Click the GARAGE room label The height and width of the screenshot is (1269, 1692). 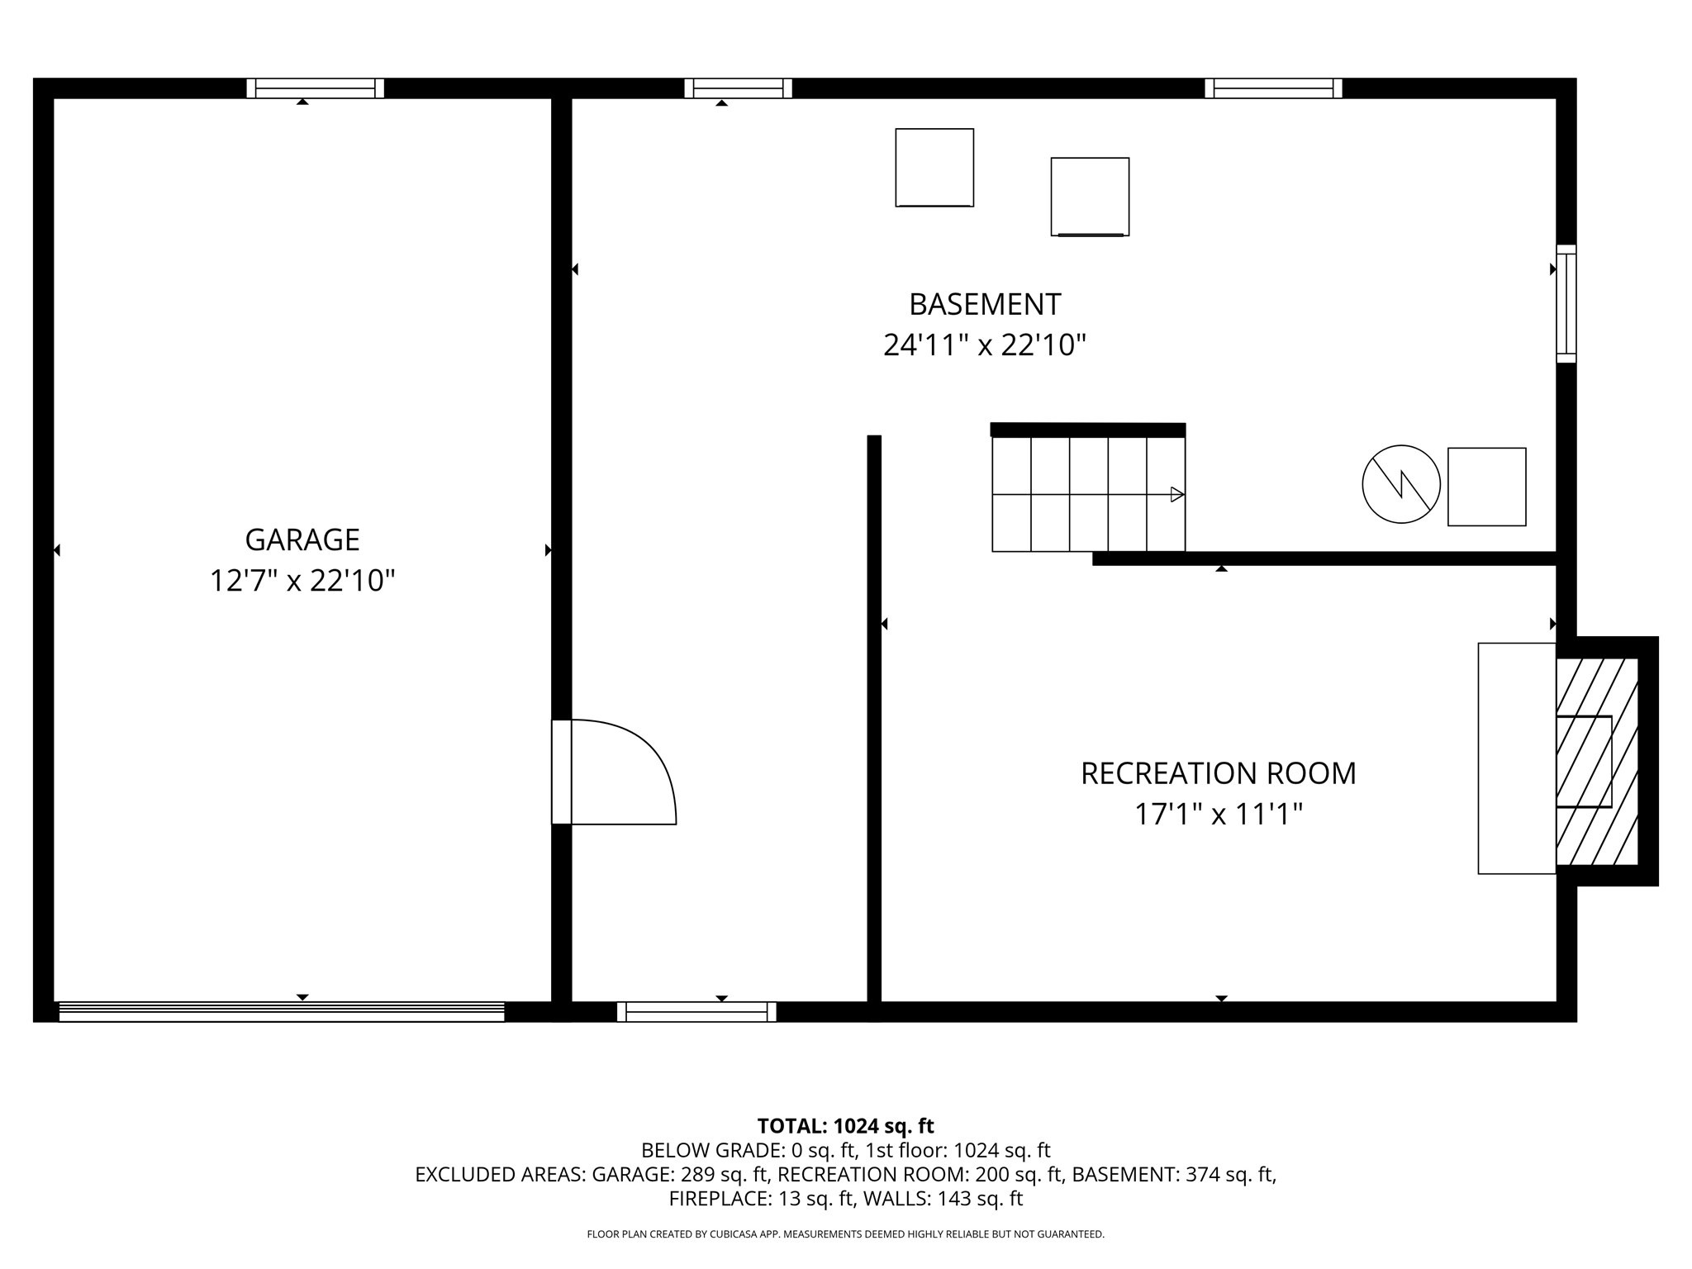pos(302,539)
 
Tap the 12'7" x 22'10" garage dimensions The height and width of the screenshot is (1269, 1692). pos(302,581)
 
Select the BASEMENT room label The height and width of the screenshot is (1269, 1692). pos(985,304)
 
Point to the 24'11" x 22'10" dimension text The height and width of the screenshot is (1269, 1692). pos(985,345)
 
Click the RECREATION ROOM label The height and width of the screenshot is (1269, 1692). pos(1219,773)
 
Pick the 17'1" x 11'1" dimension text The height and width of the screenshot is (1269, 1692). pos(1219,815)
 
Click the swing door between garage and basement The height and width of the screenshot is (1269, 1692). pos(615,772)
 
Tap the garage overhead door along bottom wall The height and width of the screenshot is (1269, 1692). pos(281,1011)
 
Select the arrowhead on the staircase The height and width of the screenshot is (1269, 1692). pos(1177,494)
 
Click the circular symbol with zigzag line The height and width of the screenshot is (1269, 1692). pos(1401,484)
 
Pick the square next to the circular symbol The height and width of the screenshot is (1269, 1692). pos(1486,487)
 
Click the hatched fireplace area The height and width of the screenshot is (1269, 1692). pos(1596,761)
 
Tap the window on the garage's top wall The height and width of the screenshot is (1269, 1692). pos(315,88)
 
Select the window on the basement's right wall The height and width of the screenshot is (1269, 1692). pos(1566,303)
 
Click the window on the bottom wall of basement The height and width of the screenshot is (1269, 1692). pos(696,1011)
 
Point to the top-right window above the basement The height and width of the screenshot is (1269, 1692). pos(1273,88)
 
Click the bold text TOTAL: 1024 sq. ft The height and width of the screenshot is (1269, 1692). pos(845,1125)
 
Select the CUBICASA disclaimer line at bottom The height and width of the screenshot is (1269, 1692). pos(845,1234)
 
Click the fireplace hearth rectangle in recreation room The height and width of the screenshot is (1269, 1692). pos(1517,758)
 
